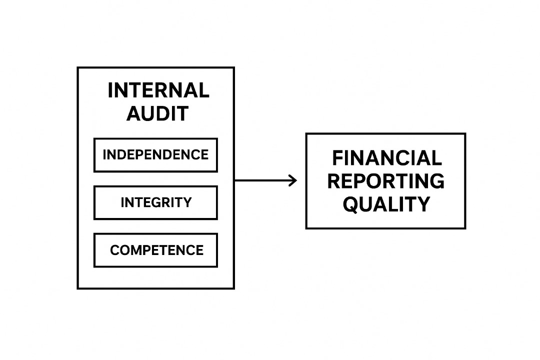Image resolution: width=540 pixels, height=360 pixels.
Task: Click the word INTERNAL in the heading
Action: (x=158, y=90)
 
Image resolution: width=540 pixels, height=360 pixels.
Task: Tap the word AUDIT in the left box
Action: (x=157, y=113)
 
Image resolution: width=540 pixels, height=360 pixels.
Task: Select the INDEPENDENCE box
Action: (x=155, y=155)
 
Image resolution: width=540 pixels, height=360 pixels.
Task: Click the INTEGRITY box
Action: (x=155, y=202)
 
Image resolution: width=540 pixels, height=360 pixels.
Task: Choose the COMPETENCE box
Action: (x=155, y=250)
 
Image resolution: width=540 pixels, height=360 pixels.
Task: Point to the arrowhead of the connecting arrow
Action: (x=293, y=180)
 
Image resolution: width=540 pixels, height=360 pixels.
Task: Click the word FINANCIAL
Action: (x=386, y=158)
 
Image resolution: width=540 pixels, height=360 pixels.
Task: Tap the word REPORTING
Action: (x=385, y=181)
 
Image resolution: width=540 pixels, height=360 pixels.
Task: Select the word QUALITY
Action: (x=386, y=204)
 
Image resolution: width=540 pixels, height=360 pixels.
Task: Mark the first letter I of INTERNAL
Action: (x=111, y=90)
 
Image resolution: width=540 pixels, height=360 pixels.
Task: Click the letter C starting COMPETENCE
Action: (x=115, y=250)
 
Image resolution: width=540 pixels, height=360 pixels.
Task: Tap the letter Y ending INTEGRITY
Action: (x=187, y=202)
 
